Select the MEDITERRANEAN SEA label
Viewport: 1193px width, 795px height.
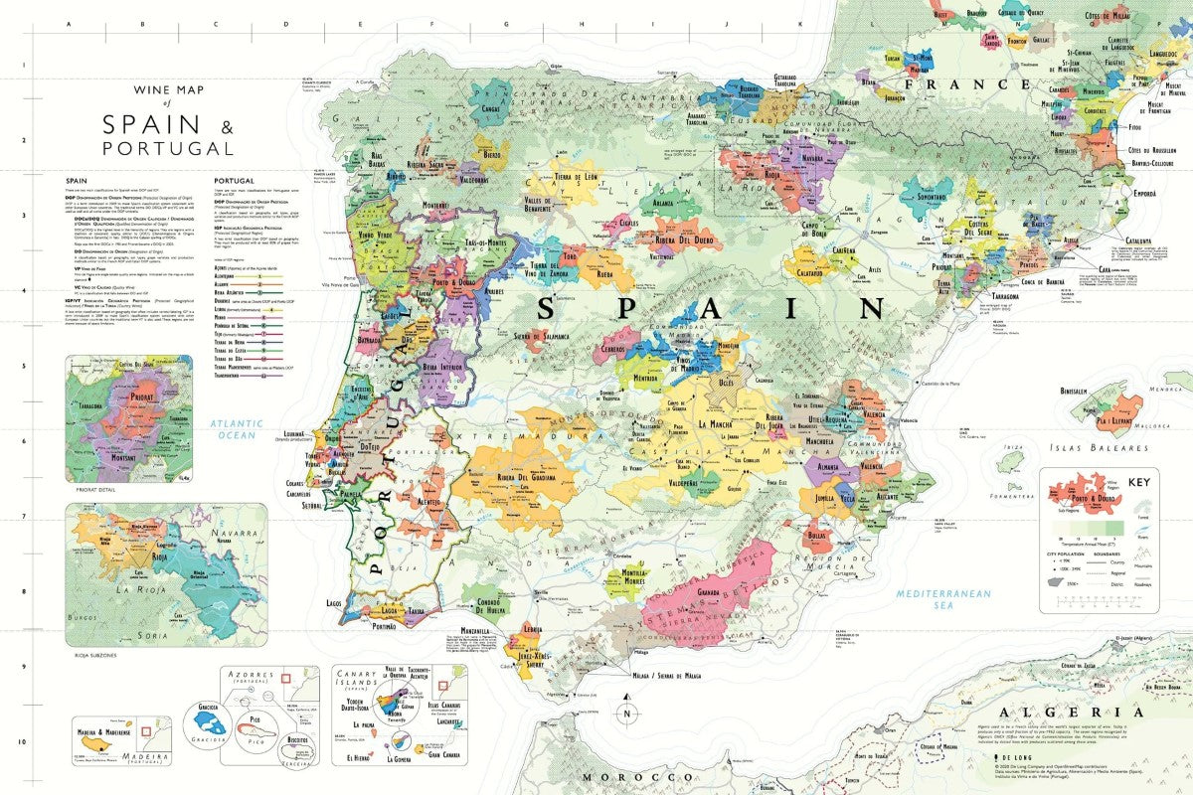[x=943, y=598]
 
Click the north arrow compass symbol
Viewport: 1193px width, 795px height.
[x=626, y=713]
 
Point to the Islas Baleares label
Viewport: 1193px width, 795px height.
[x=1095, y=446]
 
